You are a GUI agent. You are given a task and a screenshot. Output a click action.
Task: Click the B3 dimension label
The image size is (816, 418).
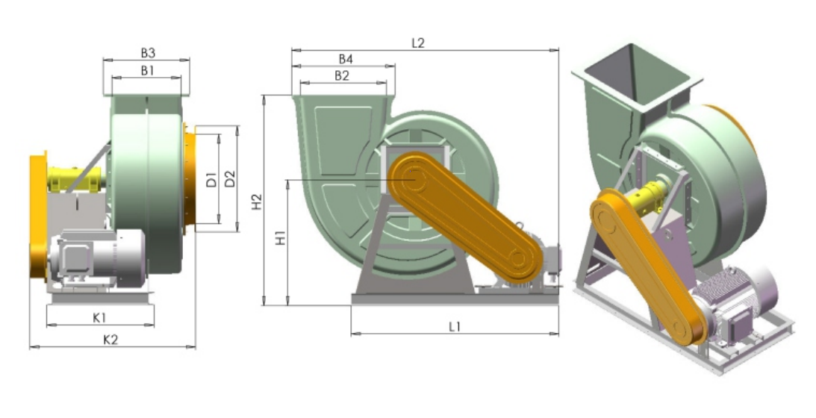click(148, 52)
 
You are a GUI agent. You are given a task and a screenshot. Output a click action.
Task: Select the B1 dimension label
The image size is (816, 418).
click(147, 70)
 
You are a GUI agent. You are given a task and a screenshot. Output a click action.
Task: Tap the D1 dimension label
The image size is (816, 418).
click(211, 180)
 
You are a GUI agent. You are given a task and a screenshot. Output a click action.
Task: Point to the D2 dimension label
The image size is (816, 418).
click(230, 179)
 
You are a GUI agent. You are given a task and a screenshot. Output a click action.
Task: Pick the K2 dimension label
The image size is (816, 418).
click(110, 340)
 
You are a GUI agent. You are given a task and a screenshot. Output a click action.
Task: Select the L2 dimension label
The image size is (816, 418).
click(418, 43)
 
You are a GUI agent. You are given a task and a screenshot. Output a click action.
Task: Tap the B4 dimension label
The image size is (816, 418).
click(346, 59)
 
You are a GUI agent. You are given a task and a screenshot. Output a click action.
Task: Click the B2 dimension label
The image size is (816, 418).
click(341, 75)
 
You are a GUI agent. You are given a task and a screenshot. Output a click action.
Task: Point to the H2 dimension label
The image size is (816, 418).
click(257, 202)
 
